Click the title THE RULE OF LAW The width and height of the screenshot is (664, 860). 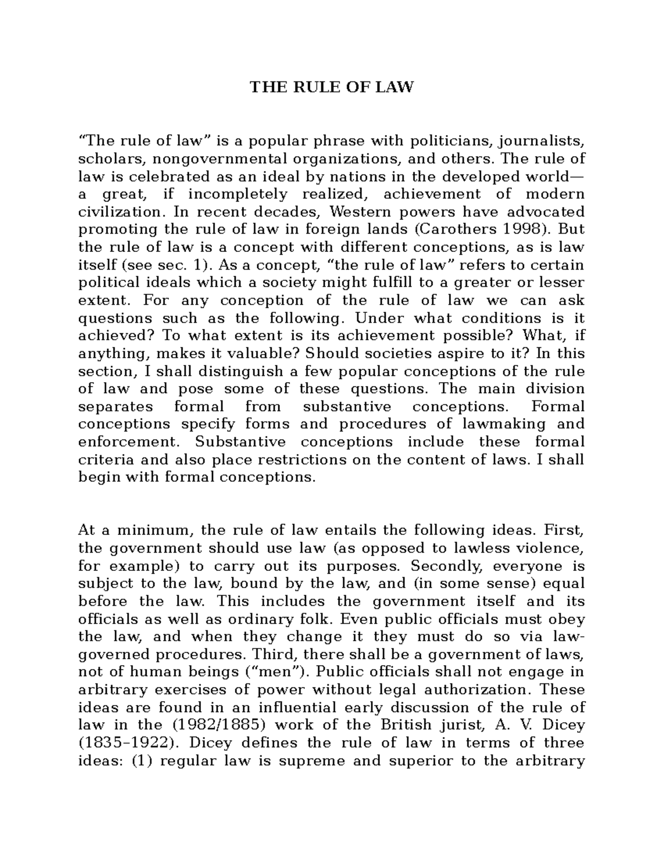coord(331,87)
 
